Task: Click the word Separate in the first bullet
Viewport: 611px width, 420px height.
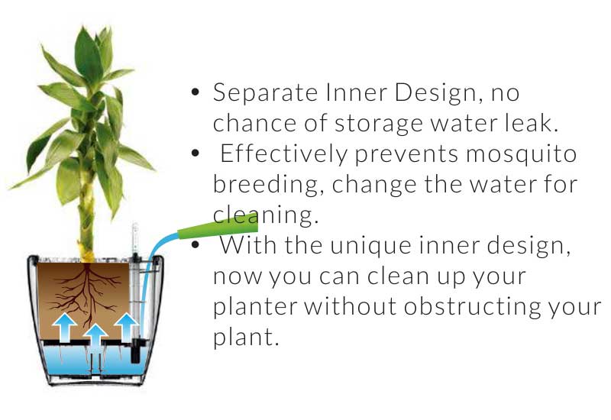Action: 265,93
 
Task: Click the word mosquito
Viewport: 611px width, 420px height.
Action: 522,155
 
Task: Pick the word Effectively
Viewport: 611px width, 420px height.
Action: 283,153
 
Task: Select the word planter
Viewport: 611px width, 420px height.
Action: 255,307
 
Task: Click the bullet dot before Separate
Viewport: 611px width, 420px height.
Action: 196,92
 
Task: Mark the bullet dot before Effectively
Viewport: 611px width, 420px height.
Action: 196,153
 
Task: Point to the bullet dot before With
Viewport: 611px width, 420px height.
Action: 196,245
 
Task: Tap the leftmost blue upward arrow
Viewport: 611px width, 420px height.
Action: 64,328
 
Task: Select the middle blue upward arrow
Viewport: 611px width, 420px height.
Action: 95,338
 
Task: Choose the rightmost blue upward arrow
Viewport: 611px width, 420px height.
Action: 126,326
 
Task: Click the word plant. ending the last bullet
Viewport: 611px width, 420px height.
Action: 246,338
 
